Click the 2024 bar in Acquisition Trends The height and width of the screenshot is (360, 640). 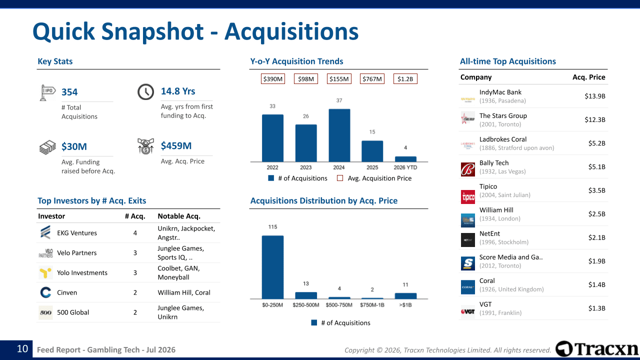(x=339, y=135)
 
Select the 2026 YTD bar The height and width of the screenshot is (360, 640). (x=405, y=159)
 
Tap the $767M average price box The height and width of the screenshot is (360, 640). (x=372, y=79)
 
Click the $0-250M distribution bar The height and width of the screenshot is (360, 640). (x=272, y=267)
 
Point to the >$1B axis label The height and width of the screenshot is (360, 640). (x=405, y=305)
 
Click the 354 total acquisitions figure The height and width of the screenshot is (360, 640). (x=69, y=92)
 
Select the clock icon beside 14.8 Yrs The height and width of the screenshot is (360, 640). (x=145, y=91)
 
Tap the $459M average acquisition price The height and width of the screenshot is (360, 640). (x=176, y=145)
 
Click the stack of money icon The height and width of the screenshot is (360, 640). (x=47, y=147)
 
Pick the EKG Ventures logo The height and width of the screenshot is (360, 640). (x=45, y=232)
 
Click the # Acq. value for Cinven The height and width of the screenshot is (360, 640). (x=135, y=292)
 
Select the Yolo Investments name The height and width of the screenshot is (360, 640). (x=82, y=272)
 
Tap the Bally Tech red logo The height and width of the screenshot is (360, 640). (x=467, y=169)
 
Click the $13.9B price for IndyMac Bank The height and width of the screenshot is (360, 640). (x=595, y=96)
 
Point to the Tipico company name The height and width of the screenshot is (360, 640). (x=488, y=186)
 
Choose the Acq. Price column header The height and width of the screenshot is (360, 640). (x=589, y=77)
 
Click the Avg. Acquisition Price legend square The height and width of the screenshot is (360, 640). (x=340, y=178)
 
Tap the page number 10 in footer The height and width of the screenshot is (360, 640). (x=22, y=348)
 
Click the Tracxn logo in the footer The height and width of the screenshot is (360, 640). (x=597, y=349)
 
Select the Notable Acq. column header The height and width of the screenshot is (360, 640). (x=179, y=216)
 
